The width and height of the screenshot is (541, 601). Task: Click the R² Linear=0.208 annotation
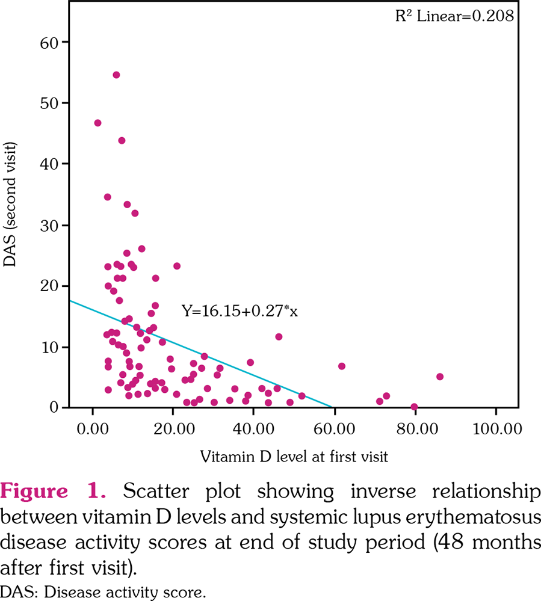point(454,16)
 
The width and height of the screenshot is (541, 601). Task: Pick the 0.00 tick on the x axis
point(92,431)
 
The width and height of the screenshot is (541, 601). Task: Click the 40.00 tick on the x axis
point(253,431)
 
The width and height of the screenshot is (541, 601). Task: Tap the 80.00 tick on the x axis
point(415,431)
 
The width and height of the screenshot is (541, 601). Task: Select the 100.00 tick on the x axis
point(495,431)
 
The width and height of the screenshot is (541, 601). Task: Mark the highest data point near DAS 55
point(116,75)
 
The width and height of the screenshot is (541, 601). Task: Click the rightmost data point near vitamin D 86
point(440,377)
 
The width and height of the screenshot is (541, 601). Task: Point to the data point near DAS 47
point(97,123)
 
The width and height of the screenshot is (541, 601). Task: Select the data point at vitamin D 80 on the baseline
point(414,407)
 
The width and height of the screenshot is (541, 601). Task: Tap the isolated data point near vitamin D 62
point(342,366)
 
